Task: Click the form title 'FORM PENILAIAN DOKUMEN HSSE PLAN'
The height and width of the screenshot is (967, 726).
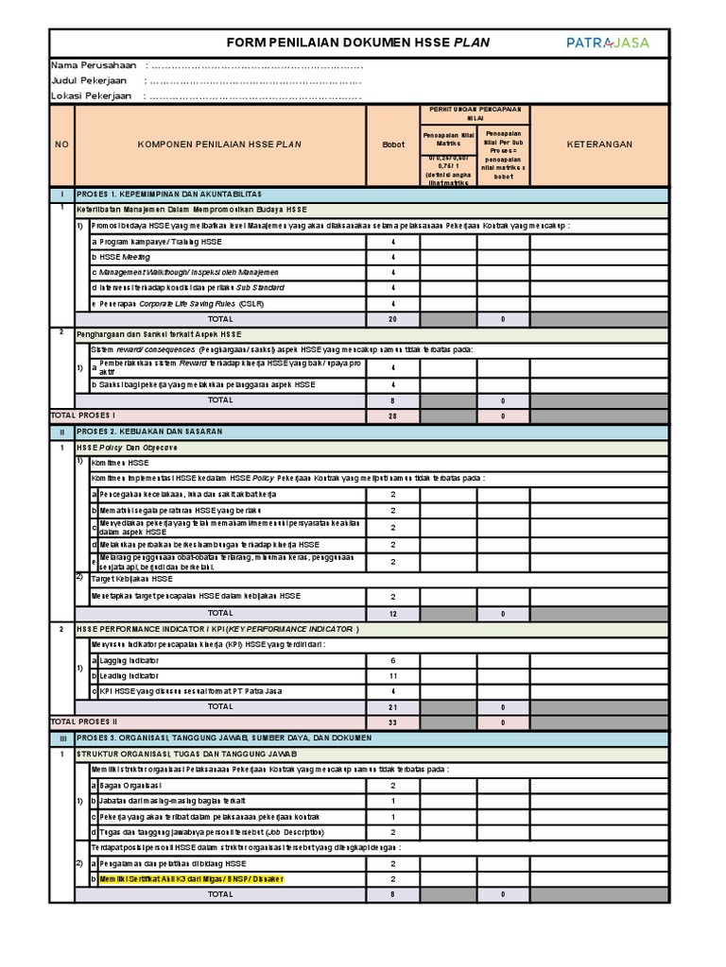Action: [x=359, y=42]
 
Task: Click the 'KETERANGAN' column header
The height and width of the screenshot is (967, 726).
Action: [x=599, y=144]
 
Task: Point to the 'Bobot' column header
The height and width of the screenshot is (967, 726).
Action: [x=392, y=144]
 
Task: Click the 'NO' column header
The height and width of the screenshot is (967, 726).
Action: [x=61, y=144]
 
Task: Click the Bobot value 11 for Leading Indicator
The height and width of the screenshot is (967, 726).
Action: [x=392, y=677]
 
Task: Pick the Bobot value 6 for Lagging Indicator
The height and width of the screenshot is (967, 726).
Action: [x=392, y=661]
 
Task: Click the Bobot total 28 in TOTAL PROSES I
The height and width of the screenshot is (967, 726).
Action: [x=392, y=416]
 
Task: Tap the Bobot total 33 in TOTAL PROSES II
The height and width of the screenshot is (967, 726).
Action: [x=392, y=721]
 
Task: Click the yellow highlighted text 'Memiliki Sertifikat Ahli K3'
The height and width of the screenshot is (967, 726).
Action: [x=189, y=878]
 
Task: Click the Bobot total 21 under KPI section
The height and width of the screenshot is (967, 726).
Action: [x=392, y=705]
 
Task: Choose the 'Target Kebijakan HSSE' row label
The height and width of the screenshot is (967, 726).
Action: [x=131, y=579]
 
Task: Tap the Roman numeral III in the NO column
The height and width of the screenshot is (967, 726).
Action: [x=61, y=737]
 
